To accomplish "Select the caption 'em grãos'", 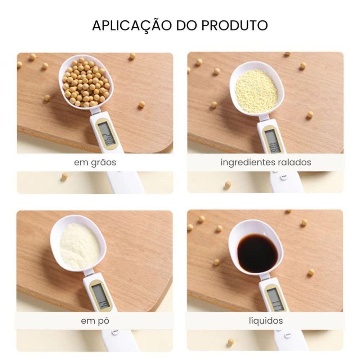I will (95, 162).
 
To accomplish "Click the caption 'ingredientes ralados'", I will (266, 162).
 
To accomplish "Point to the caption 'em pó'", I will (95, 321).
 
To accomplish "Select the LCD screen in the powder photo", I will (101, 295).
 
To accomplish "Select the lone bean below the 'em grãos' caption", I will (64, 176).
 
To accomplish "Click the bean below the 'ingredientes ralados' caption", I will (228, 184).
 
